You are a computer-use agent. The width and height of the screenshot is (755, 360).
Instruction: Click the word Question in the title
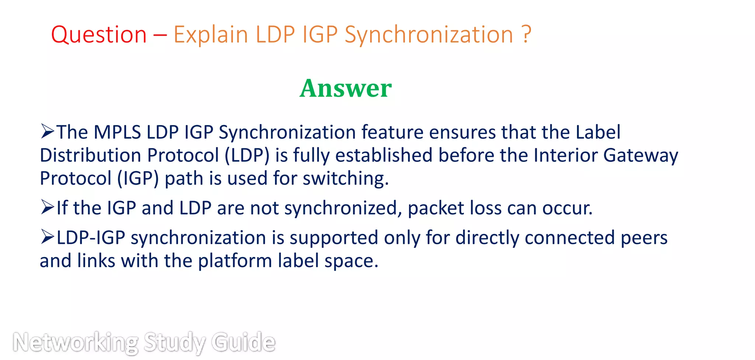(99, 35)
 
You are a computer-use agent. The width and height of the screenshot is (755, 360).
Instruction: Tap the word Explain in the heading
(211, 35)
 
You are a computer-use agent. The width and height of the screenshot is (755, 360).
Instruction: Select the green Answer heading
(345, 89)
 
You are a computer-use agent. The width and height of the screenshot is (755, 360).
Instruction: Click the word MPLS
(117, 132)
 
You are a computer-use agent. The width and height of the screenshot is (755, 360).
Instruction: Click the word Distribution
(90, 155)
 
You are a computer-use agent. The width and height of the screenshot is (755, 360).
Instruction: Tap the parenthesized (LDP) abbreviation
(247, 155)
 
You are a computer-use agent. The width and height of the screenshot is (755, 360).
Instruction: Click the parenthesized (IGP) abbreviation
(138, 179)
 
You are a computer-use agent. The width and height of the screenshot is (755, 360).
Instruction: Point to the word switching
(345, 179)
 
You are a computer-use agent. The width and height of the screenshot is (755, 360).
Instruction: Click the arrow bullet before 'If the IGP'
(48, 207)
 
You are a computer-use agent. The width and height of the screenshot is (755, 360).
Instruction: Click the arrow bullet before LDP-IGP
(48, 237)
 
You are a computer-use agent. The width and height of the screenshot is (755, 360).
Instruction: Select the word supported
(334, 238)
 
